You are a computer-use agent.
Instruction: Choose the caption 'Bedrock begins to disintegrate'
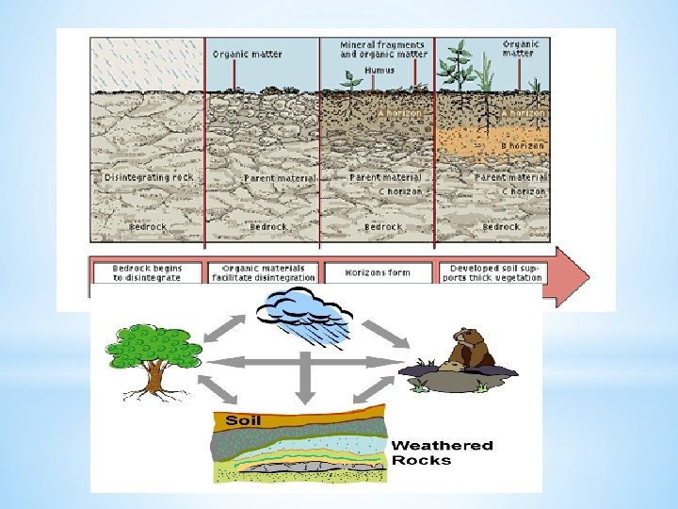tap(147, 272)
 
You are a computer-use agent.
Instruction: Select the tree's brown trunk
tap(153, 381)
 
